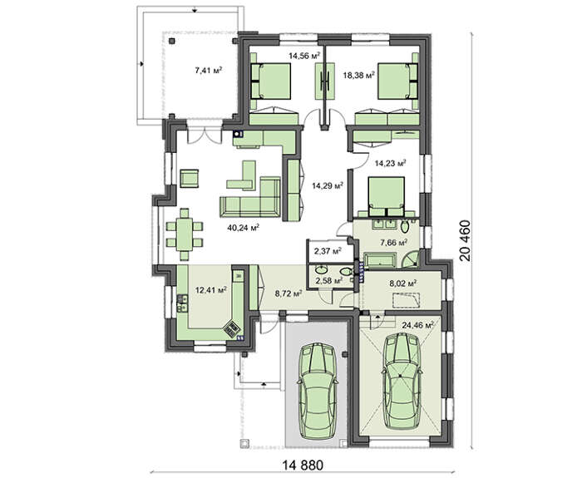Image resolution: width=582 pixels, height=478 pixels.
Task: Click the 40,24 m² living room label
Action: point(243,227)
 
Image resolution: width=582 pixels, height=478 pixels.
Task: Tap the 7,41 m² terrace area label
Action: point(209,70)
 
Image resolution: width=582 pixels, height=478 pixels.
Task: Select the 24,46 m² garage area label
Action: point(417,326)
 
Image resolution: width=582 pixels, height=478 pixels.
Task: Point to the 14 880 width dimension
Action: point(303,465)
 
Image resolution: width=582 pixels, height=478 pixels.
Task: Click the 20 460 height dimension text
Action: point(465,241)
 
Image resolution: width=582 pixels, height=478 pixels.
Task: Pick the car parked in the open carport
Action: point(317,391)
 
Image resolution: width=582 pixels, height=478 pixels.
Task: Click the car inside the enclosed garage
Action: point(402,381)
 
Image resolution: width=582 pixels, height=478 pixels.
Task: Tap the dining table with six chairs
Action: point(185,234)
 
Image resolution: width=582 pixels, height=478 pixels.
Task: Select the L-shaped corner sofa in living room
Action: point(250,197)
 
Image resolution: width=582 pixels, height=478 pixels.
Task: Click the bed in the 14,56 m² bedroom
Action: point(271,81)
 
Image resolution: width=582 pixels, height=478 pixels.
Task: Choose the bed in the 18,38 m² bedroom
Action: point(398,81)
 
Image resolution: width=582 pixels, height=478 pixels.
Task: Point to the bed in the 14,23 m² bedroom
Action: point(386,196)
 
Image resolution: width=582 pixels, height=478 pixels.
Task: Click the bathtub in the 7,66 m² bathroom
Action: point(379,259)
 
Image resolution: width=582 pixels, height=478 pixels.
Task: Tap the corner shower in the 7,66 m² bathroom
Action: point(410,259)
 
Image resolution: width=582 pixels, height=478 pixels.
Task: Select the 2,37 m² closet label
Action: point(328,251)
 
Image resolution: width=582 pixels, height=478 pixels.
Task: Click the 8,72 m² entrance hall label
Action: point(289,294)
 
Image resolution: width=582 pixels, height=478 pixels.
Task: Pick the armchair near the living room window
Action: point(190,179)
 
